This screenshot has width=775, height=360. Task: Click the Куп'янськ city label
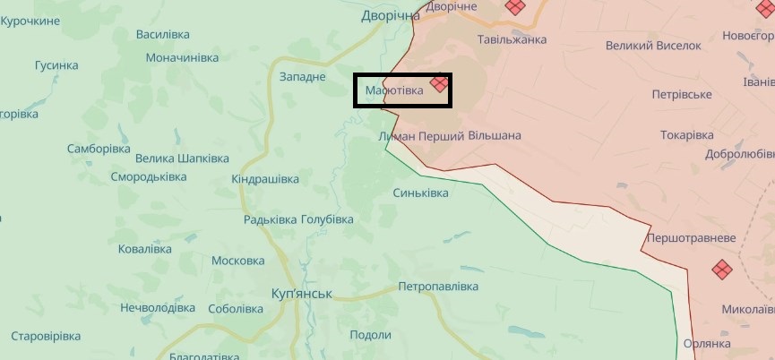point(302,294)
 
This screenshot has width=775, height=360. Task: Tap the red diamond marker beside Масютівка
point(438,84)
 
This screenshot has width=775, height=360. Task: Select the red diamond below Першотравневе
point(722,269)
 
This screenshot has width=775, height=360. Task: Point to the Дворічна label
point(391,15)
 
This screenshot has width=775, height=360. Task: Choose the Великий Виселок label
point(653,45)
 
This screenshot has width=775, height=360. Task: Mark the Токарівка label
point(687,134)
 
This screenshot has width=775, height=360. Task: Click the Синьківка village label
point(421,193)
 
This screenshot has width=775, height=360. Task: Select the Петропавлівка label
point(438,287)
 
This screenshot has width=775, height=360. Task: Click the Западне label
point(303,77)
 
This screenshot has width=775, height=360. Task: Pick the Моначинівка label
point(182,57)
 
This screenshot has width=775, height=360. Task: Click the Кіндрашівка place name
point(265,179)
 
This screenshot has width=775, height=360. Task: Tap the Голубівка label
point(327,219)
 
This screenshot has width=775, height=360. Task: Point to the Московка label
point(237,261)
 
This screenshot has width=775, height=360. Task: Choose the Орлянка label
point(708,343)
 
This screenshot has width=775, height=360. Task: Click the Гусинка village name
point(56,65)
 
